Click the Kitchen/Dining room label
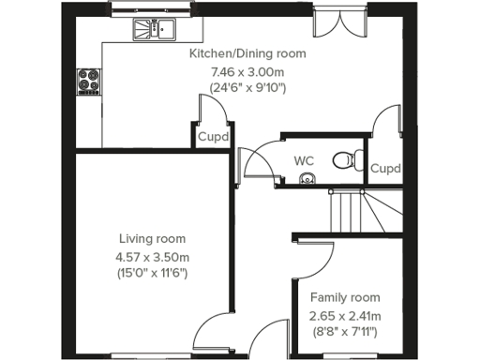point(247,54)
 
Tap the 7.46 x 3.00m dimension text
point(247,71)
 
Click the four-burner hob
point(91,82)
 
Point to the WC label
point(304,160)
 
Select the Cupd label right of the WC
point(384,169)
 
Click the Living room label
point(152,238)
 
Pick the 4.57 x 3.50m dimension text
point(152,256)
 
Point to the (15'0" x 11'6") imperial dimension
point(152,273)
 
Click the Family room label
point(345,297)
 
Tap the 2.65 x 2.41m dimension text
point(345,315)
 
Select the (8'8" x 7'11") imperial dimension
point(345,332)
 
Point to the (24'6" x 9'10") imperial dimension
point(247,88)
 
